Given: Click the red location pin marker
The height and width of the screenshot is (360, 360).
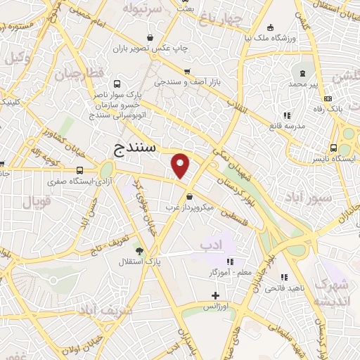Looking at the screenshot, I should [181, 165].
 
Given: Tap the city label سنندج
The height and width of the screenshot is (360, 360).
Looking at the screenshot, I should [136, 150].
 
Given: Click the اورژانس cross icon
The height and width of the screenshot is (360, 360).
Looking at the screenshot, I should [214, 295].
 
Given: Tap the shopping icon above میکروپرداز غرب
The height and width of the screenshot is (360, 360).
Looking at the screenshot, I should [188, 196].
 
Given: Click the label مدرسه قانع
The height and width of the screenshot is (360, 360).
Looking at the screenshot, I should [285, 127].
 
